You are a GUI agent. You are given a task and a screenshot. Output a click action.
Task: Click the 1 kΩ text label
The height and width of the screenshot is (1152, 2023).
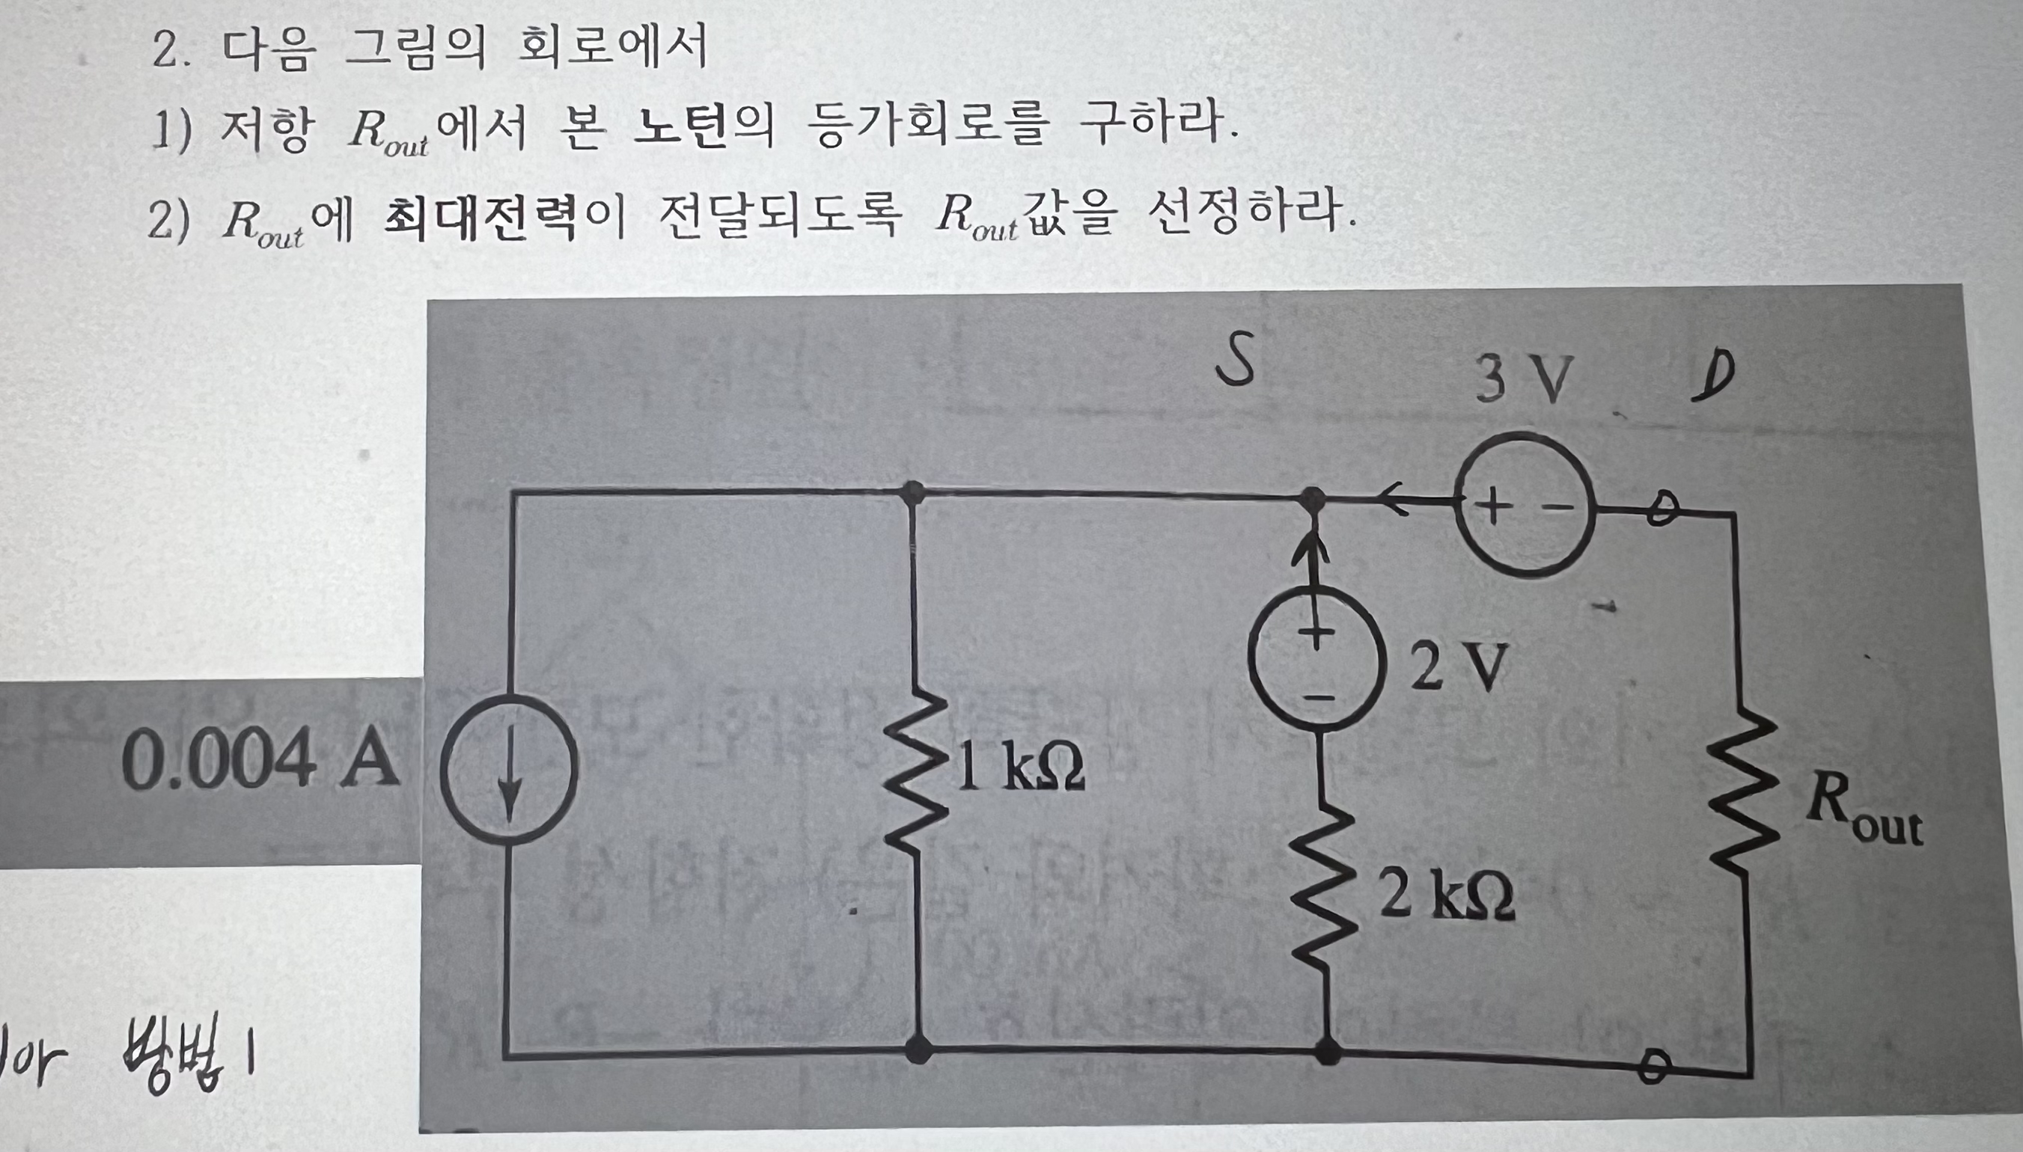pyautogui.click(x=1021, y=768)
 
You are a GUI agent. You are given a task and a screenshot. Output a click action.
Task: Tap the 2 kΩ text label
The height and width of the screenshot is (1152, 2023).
pyautogui.click(x=1447, y=896)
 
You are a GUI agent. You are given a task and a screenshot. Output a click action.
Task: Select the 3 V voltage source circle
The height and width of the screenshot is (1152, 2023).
pyautogui.click(x=1524, y=504)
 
